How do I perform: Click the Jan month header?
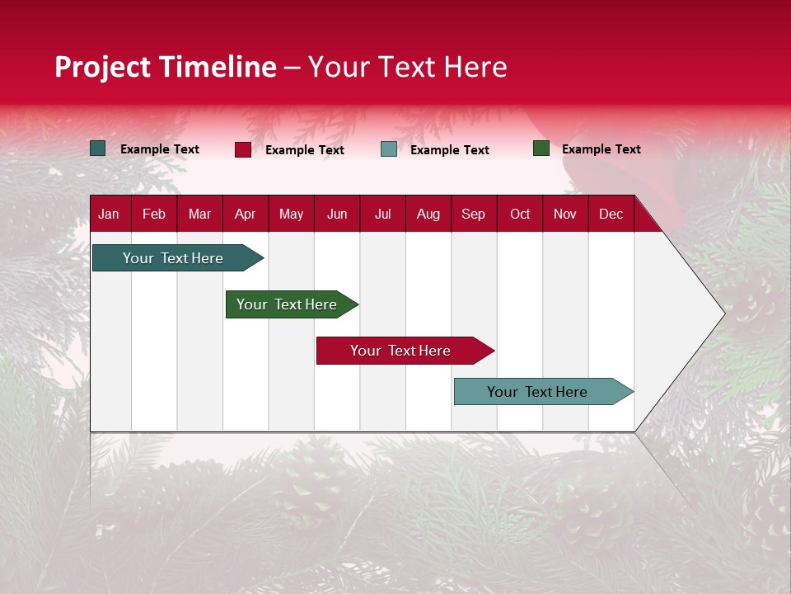pos(109,214)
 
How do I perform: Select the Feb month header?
pos(154,214)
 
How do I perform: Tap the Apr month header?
pos(245,214)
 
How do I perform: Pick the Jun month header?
pos(337,214)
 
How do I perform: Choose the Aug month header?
pos(428,214)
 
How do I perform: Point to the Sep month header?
pos(473,214)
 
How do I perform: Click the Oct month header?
pos(520,214)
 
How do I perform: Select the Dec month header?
pos(611,214)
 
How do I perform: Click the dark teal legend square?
pos(98,148)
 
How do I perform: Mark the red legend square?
pos(243,149)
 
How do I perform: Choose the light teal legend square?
pos(389,149)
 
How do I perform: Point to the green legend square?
pos(541,148)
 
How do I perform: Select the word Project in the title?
pos(103,67)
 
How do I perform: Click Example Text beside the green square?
pos(601,149)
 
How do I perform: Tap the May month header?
pos(291,214)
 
